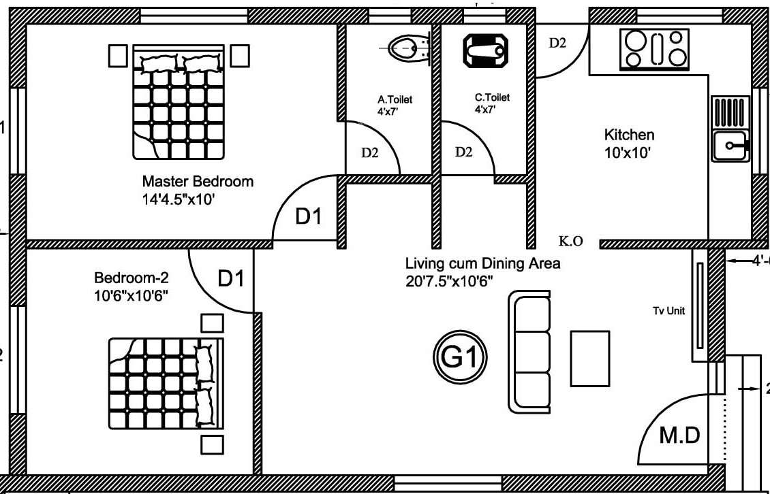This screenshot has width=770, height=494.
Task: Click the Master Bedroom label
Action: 198,182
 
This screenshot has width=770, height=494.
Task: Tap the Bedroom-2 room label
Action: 132,278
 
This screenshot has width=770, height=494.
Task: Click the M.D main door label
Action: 679,436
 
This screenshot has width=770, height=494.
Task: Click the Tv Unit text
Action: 668,311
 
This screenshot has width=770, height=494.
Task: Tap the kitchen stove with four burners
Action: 654,49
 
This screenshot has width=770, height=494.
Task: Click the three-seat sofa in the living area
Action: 529,352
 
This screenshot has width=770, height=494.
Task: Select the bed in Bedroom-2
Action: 166,383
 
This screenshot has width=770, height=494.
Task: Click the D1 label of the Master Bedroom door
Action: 308,217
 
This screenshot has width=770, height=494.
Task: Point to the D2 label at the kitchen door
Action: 557,43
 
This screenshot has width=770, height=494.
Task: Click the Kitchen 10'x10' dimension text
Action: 628,153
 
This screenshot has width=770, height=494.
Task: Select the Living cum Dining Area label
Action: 483,263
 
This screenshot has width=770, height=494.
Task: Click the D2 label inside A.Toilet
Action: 369,153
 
